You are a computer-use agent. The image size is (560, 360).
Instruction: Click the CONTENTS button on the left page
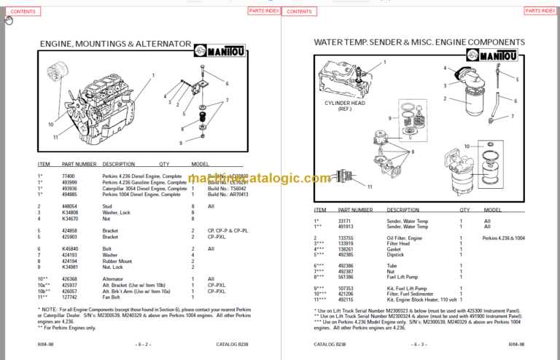(23, 12)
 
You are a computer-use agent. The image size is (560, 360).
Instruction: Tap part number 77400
(69, 176)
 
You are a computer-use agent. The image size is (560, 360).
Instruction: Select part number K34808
(71, 212)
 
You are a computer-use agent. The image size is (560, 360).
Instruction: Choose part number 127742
(71, 297)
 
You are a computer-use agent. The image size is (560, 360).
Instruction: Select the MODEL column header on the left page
(200, 165)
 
